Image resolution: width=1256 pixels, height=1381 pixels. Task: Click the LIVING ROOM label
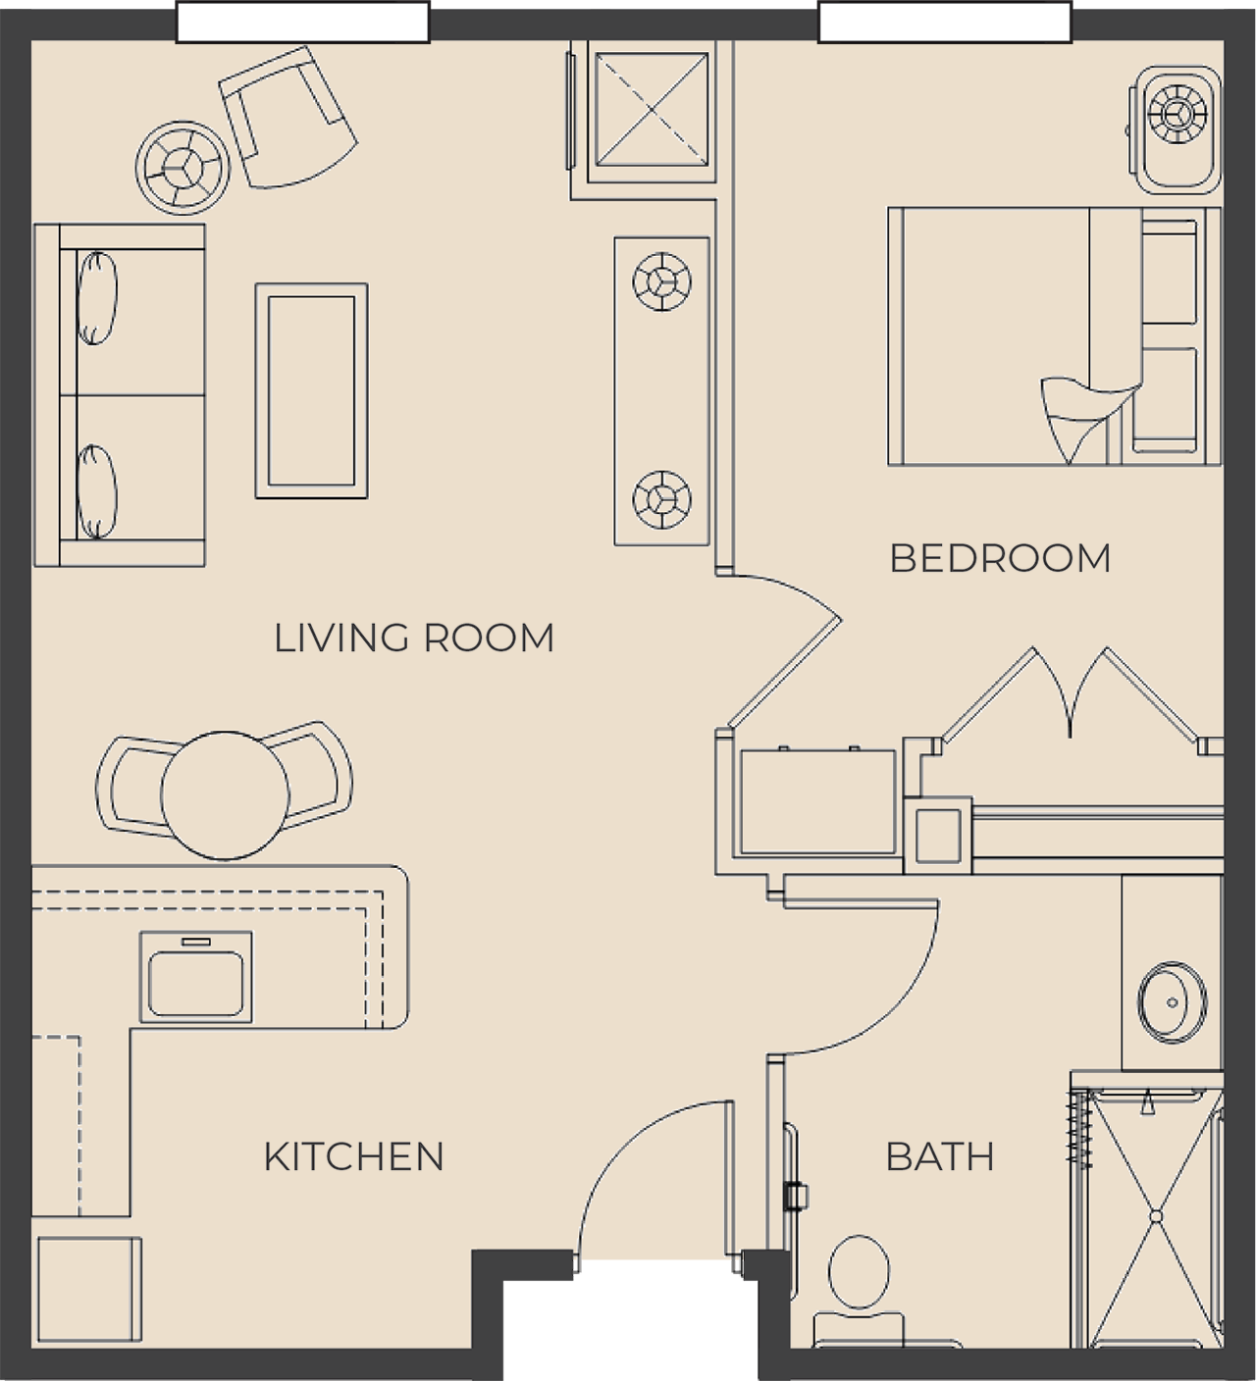[414, 639]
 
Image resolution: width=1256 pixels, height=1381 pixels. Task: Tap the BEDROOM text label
[1001, 558]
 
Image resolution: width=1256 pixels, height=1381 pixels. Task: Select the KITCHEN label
[353, 1156]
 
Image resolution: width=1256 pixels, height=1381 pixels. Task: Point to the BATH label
[940, 1156]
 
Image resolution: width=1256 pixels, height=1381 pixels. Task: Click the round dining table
[226, 795]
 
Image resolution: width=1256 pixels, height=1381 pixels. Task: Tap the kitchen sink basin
[196, 984]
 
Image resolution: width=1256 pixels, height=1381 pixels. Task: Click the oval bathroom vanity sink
[1172, 1002]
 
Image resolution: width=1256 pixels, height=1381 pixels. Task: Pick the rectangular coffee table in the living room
[311, 390]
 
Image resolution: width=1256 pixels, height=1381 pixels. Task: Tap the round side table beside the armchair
[183, 168]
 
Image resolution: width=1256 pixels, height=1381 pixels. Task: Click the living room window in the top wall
[303, 22]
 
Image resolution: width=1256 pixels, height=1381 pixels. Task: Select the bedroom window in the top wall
[945, 22]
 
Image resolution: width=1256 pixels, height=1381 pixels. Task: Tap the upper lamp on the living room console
[662, 281]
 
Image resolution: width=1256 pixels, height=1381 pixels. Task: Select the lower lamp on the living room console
[662, 499]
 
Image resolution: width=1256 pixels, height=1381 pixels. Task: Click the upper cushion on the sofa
[96, 298]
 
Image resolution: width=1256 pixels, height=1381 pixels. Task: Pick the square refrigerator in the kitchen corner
[89, 1290]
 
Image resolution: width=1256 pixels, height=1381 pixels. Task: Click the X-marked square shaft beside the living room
[652, 110]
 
